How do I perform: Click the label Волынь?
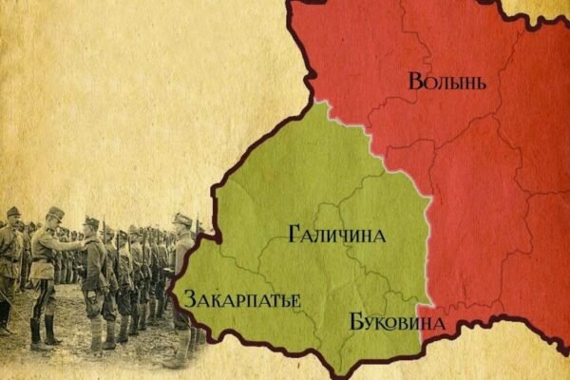coord(447,81)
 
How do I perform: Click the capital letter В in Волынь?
coord(415,81)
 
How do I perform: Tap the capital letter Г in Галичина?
coord(292,234)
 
